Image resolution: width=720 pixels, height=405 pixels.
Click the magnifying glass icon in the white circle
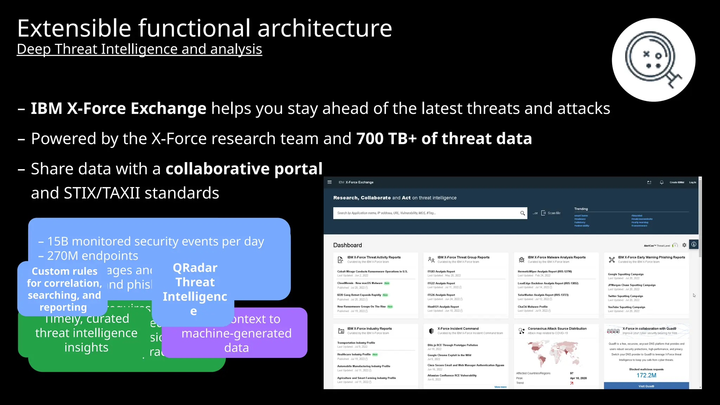[653, 60]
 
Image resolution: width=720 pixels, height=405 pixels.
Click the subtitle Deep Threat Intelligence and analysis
[139, 49]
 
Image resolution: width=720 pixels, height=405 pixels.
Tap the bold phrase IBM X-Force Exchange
[118, 108]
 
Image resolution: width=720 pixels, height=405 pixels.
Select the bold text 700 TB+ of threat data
[444, 139]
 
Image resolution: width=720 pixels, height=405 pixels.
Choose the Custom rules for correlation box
[64, 289]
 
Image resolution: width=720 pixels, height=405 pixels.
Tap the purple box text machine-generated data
[236, 340]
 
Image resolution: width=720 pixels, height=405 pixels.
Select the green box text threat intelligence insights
[86, 340]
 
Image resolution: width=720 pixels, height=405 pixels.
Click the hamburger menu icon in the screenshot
[329, 182]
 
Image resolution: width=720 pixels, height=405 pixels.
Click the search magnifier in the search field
[522, 213]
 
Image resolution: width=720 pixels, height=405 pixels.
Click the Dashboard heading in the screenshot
[347, 245]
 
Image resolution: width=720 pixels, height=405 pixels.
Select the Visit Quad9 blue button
[646, 386]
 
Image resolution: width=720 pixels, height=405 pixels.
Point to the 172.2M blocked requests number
[646, 375]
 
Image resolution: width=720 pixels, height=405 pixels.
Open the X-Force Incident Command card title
[458, 329]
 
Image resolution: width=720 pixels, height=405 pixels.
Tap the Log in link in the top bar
[692, 182]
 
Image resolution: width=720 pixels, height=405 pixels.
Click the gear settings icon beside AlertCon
[684, 245]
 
